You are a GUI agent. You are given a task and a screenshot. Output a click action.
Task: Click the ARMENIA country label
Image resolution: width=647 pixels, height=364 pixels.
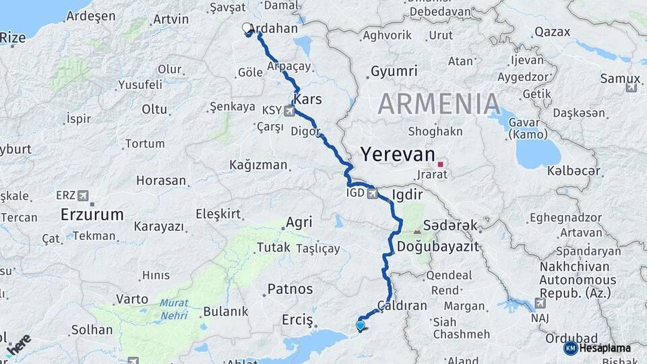(439, 104)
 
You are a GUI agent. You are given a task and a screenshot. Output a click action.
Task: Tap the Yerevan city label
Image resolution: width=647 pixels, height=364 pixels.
(398, 154)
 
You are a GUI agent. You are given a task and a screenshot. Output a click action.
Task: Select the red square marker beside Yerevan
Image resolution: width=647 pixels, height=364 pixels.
(441, 164)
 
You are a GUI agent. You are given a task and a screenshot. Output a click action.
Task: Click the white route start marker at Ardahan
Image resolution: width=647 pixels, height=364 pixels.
(247, 28)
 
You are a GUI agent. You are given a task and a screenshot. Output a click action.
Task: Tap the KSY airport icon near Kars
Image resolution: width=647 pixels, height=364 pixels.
(290, 111)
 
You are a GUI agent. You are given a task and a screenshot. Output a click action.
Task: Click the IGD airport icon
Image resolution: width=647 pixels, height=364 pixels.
(371, 194)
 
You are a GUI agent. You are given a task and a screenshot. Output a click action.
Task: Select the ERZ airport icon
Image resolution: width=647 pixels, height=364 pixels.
(83, 195)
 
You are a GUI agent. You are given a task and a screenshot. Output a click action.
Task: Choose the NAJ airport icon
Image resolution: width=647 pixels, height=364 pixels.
(540, 303)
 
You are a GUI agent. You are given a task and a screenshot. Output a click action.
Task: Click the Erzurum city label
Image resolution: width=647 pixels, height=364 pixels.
(92, 215)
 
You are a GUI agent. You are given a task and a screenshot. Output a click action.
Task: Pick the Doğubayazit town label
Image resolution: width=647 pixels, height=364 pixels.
(438, 247)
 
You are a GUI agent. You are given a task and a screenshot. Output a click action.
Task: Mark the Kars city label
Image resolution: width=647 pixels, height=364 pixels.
(307, 99)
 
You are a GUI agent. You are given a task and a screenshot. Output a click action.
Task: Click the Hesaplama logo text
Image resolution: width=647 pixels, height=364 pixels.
(601, 348)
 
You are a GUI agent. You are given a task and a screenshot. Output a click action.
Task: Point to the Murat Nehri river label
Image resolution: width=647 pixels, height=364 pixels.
(174, 309)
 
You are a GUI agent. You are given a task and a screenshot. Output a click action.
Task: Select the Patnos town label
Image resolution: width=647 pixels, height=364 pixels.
(290, 289)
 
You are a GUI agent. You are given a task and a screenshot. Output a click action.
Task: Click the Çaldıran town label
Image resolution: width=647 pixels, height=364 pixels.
(402, 305)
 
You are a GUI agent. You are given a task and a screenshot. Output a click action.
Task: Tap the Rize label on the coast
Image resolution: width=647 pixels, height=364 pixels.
(12, 38)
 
